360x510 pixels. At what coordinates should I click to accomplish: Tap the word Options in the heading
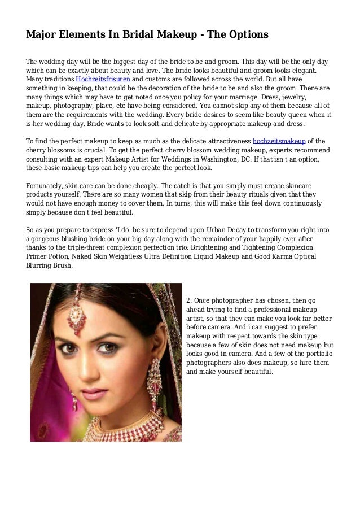tap(246, 35)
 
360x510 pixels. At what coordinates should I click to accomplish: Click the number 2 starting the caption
tap(188, 300)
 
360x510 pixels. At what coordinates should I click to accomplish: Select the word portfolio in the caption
tap(317, 354)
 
